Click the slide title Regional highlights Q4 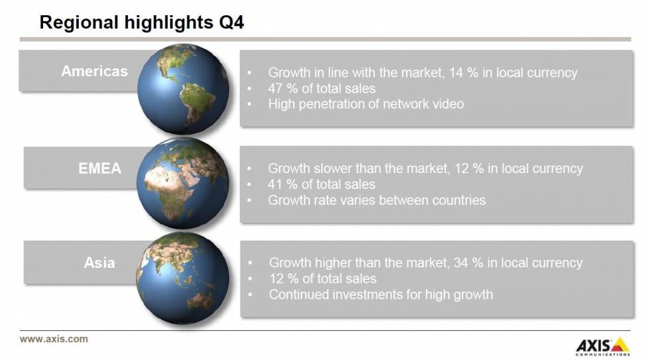[142, 23]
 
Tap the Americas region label [95, 71]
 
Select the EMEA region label [100, 168]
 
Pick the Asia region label [99, 263]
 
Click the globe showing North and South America [184, 89]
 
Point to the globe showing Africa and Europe [183, 183]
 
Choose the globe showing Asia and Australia [182, 278]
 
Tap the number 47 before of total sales [275, 88]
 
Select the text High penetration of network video [366, 103]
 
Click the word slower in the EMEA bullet [336, 168]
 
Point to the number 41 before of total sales [275, 184]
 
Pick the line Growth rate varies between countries [377, 200]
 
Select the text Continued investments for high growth [381, 294]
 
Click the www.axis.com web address [54, 339]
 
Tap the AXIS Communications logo [603, 346]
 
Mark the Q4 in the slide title [231, 23]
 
